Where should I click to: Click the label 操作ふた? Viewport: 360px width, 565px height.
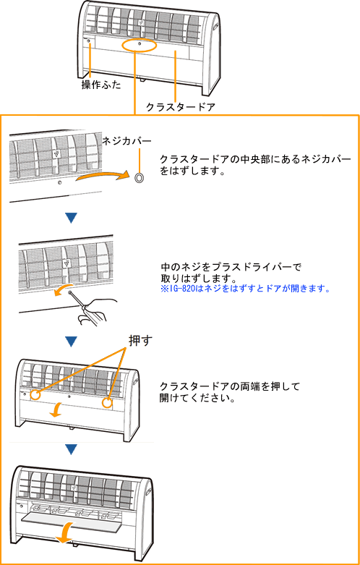click(x=100, y=85)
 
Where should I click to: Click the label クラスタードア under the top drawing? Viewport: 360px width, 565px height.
click(x=180, y=107)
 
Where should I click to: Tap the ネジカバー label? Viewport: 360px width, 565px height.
click(x=127, y=141)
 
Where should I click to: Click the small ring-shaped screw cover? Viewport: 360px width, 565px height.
click(x=139, y=177)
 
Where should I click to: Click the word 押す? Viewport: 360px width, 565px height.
click(x=140, y=341)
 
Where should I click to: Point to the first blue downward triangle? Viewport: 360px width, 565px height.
click(x=71, y=218)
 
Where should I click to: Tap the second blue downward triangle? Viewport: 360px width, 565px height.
click(x=71, y=341)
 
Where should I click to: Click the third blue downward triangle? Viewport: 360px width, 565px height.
click(x=71, y=449)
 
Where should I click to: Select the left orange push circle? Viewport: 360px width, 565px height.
click(x=34, y=395)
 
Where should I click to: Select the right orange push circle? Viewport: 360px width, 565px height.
click(x=107, y=403)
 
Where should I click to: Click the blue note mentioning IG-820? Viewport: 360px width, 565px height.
click(x=246, y=289)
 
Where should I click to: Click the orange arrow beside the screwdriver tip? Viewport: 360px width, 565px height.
click(x=61, y=290)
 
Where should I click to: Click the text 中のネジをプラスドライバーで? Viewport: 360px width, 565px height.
click(x=231, y=268)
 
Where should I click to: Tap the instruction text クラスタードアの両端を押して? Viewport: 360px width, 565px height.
click(x=230, y=386)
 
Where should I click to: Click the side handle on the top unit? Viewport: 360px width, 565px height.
click(x=215, y=27)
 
